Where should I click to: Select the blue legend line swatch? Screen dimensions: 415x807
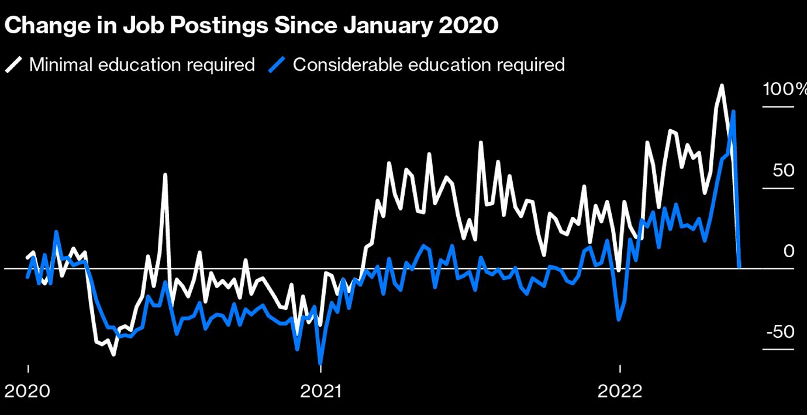click(277, 64)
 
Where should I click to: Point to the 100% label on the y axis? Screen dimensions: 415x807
click(784, 89)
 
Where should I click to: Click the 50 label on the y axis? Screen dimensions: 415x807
click(784, 171)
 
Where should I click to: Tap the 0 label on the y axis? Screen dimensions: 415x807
click(789, 251)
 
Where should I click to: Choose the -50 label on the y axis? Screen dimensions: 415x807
click(781, 332)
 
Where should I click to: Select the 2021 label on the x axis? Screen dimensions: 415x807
click(320, 390)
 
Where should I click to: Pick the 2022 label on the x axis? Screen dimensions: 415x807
click(620, 390)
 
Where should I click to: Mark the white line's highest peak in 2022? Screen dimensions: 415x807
click(722, 86)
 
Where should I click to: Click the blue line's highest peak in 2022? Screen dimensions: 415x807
click(733, 112)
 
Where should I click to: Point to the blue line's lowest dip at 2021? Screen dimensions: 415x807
click(320, 362)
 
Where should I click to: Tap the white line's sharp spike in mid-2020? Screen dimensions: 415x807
click(165, 174)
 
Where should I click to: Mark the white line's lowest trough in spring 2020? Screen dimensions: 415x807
click(113, 354)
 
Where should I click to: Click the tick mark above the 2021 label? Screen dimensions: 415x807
click(320, 369)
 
